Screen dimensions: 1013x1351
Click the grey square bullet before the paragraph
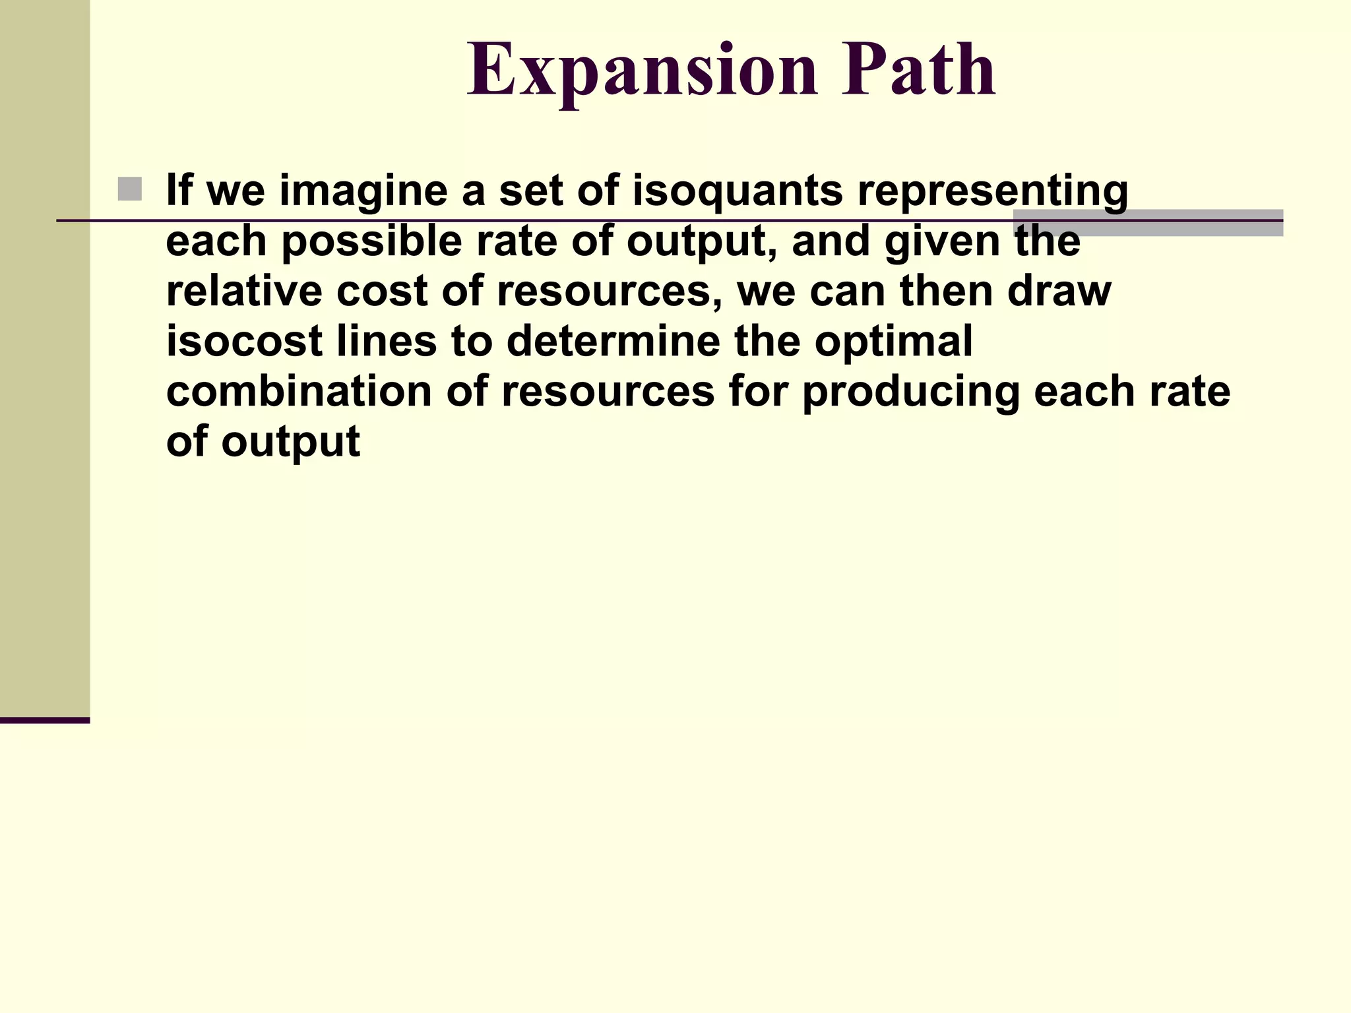pos(130,189)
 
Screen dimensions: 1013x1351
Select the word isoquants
pos(738,191)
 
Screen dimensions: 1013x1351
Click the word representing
pos(992,191)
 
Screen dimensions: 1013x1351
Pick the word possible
pos(371,241)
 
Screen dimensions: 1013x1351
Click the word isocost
pos(244,341)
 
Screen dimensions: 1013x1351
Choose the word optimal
pos(893,341)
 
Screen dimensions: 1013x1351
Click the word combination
pos(299,391)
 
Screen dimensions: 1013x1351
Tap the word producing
pos(910,391)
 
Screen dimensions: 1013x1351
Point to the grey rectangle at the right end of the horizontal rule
pos(1148,223)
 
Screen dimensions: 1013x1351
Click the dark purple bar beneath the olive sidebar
pos(45,720)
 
